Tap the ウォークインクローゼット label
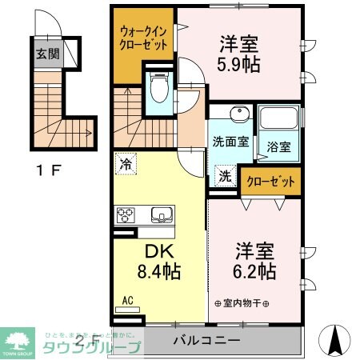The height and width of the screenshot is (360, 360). (144, 38)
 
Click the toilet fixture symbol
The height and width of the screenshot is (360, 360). (158, 86)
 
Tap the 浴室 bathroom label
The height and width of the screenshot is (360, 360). (278, 148)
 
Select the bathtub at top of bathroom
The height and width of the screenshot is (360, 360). (278, 121)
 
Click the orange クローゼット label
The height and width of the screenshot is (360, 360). (273, 182)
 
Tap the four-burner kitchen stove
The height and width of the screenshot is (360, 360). (126, 214)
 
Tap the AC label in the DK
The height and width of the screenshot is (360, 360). (126, 302)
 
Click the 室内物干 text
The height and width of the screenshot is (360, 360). (242, 302)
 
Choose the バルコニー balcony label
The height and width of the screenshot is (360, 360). (206, 340)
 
